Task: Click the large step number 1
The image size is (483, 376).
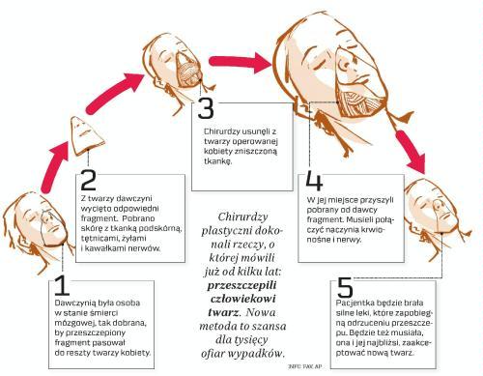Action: [x=62, y=285]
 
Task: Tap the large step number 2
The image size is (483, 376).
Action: [x=88, y=180]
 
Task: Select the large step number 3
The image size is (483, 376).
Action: [x=206, y=108]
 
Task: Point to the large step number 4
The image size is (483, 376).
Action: [x=314, y=181]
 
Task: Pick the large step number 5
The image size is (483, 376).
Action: [x=345, y=288]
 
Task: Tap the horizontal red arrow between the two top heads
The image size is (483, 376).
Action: [x=241, y=62]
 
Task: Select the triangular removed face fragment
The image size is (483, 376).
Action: [x=87, y=136]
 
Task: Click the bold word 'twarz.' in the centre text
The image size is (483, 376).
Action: [x=224, y=312]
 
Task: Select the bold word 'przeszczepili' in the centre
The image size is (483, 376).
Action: [x=242, y=285]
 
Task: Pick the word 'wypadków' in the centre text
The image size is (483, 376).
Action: [x=257, y=354]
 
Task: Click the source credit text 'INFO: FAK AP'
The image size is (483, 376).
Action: [x=305, y=366]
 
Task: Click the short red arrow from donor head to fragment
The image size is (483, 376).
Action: [x=55, y=167]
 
